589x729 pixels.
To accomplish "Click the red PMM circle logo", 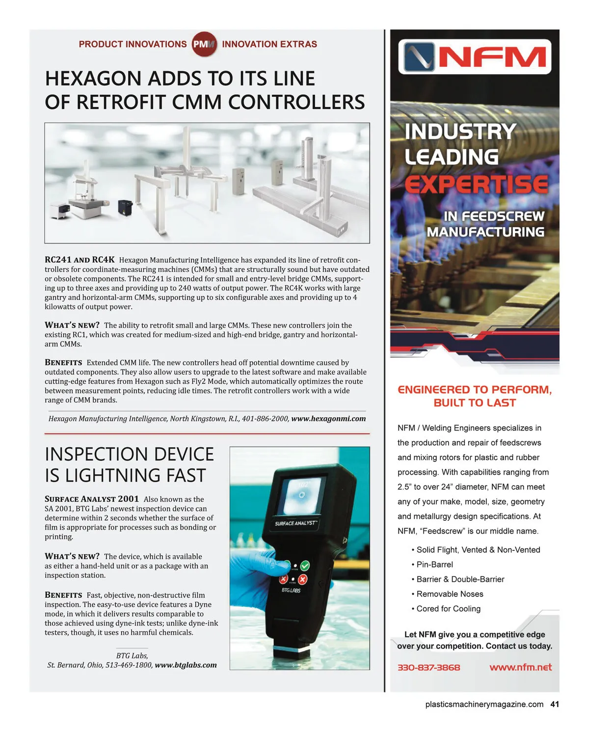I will (x=204, y=44).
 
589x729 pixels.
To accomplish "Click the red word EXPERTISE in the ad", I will (x=476, y=185).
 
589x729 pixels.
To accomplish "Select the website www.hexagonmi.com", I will (x=328, y=419).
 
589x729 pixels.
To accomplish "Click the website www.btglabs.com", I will (x=186, y=665).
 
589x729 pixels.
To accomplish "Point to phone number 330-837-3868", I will (x=428, y=668).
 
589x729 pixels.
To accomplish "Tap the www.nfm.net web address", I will (x=520, y=667).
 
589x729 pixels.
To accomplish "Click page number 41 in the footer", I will (x=555, y=704).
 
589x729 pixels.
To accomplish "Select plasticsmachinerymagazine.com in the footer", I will (x=484, y=704).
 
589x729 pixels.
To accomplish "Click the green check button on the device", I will (x=304, y=566).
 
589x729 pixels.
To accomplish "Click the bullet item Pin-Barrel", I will (x=434, y=565).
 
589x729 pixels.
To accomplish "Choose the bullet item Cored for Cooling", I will (x=448, y=609).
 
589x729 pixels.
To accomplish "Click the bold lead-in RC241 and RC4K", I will (x=80, y=260).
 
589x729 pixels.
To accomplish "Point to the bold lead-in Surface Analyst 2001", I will (x=92, y=499).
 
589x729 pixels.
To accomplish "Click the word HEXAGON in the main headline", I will (x=93, y=79).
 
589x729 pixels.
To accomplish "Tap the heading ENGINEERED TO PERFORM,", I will (x=475, y=390).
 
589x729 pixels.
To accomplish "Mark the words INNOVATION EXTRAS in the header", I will (x=269, y=44).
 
